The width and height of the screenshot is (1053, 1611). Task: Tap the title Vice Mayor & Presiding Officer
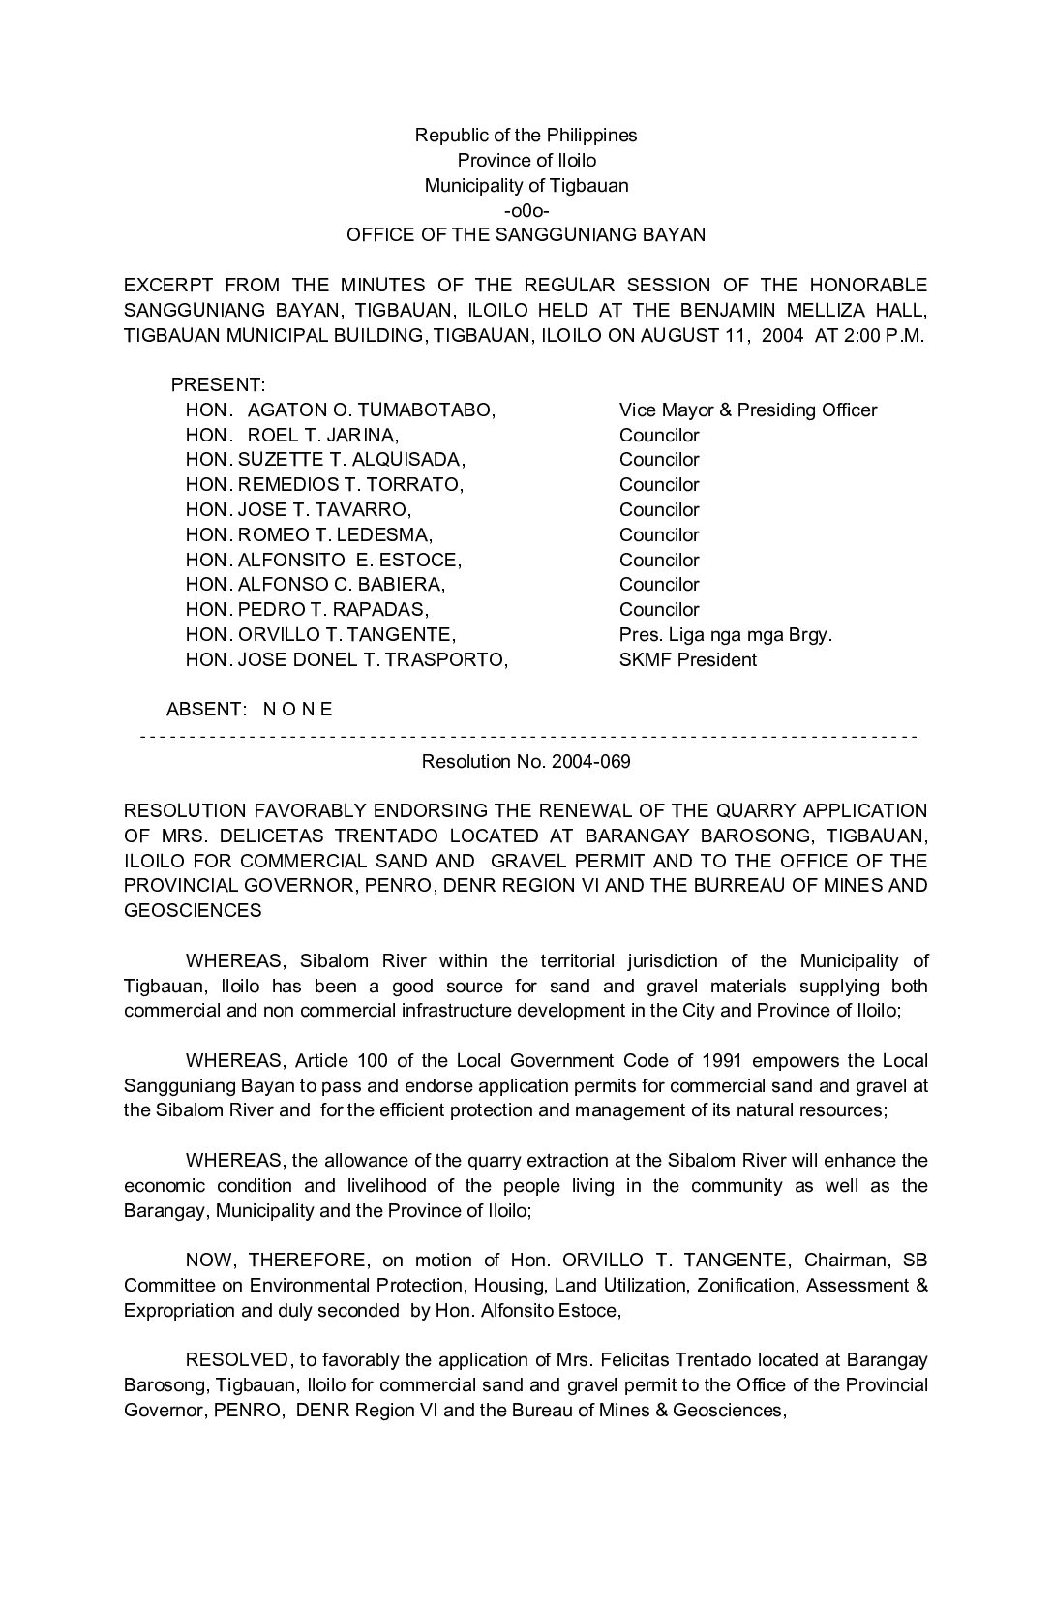[747, 410]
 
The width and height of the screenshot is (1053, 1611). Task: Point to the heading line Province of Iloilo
[526, 161]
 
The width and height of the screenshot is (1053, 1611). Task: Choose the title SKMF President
[687, 660]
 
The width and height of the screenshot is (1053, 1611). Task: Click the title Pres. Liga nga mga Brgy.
[725, 635]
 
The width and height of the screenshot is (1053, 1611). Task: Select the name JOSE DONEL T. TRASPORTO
[372, 660]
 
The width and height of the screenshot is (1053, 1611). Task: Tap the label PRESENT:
[218, 385]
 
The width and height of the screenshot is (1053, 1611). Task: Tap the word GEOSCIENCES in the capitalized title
[193, 911]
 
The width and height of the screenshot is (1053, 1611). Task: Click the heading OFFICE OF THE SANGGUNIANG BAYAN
[526, 235]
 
